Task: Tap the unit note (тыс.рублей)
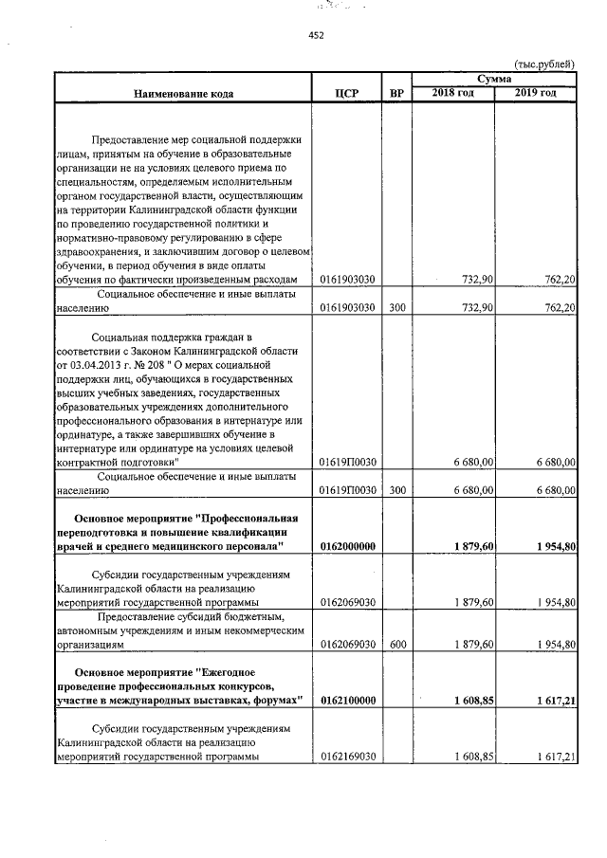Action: pos(543,64)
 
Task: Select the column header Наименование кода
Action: pos(182,94)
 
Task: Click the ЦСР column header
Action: pos(347,94)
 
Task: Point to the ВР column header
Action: pos(396,94)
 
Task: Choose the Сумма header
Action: pos(493,78)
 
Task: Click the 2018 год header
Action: pos(452,92)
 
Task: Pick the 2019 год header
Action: pos(535,92)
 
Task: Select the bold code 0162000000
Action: pos(348,547)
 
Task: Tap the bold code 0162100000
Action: pos(348,700)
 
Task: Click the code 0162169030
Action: pos(347,758)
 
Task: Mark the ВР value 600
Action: pos(396,643)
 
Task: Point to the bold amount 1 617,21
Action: pos(555,700)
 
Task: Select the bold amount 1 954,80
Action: pos(555,547)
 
